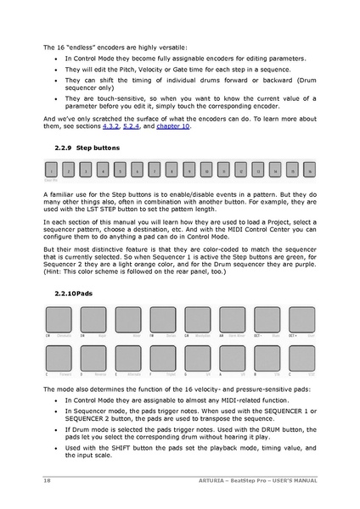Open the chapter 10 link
point(174,128)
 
